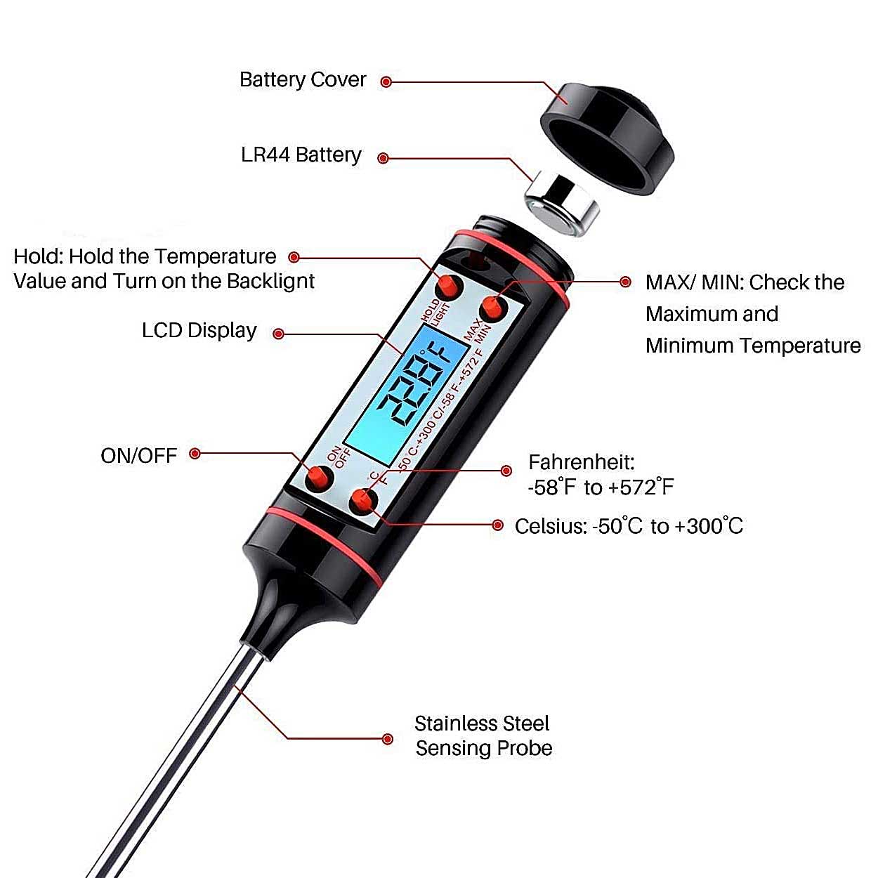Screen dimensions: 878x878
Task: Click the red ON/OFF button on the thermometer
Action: pos(319,478)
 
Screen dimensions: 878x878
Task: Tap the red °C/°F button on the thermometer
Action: pos(363,502)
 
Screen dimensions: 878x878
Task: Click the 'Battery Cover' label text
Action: pos(303,80)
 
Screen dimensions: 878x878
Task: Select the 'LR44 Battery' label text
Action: pos(301,155)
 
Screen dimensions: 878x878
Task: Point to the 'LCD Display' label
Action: pos(199,331)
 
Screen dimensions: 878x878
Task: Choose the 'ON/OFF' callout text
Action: pos(138,456)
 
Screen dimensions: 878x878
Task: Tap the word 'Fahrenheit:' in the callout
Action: pos(582,462)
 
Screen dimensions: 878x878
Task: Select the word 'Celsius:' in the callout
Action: pos(551,526)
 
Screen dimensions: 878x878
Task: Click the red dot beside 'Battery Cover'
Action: pos(386,82)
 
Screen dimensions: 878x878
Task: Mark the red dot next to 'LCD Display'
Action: pos(278,334)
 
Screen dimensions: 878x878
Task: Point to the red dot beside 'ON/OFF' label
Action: pos(195,453)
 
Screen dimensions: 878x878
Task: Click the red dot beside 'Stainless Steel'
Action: pos(387,739)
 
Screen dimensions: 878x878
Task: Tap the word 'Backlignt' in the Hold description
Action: pos(270,282)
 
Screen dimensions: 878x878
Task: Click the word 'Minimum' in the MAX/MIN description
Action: pos(689,346)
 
